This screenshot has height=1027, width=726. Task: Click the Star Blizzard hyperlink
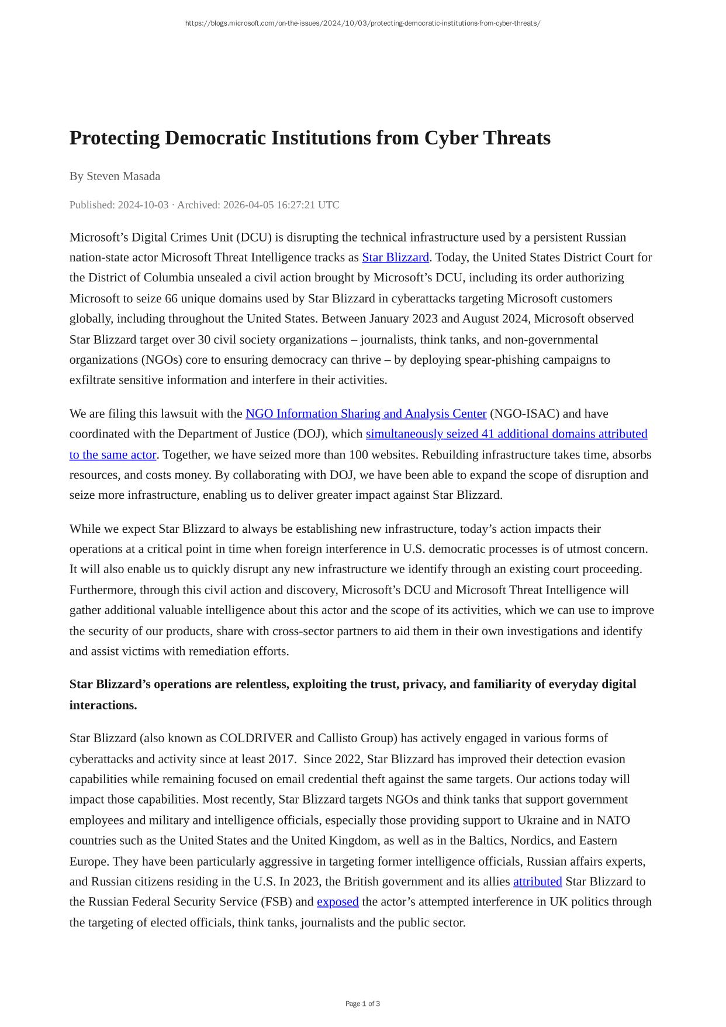click(x=395, y=257)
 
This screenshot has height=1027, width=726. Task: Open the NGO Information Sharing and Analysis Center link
click(x=365, y=413)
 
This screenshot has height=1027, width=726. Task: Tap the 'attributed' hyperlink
click(x=537, y=881)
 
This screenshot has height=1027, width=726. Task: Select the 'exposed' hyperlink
click(x=337, y=902)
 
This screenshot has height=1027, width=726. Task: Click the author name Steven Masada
click(x=123, y=176)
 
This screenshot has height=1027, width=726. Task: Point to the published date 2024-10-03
click(x=143, y=205)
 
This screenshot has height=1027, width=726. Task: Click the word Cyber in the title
click(x=451, y=138)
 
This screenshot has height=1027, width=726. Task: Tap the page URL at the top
click(x=362, y=23)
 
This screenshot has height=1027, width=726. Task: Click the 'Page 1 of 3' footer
click(x=362, y=1004)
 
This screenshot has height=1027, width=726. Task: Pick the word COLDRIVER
click(x=255, y=738)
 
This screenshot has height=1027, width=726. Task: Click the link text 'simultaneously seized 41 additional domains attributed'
click(x=506, y=434)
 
